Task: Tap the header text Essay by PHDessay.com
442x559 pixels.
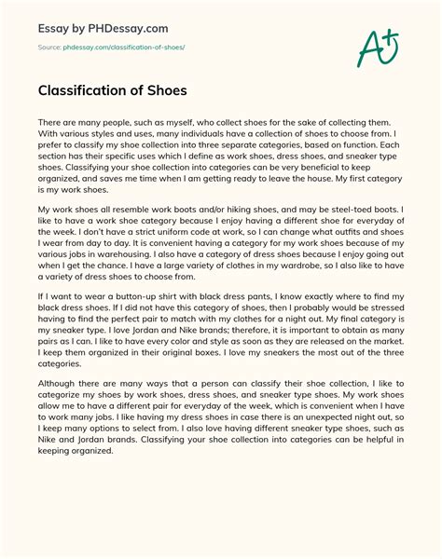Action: point(90,25)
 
